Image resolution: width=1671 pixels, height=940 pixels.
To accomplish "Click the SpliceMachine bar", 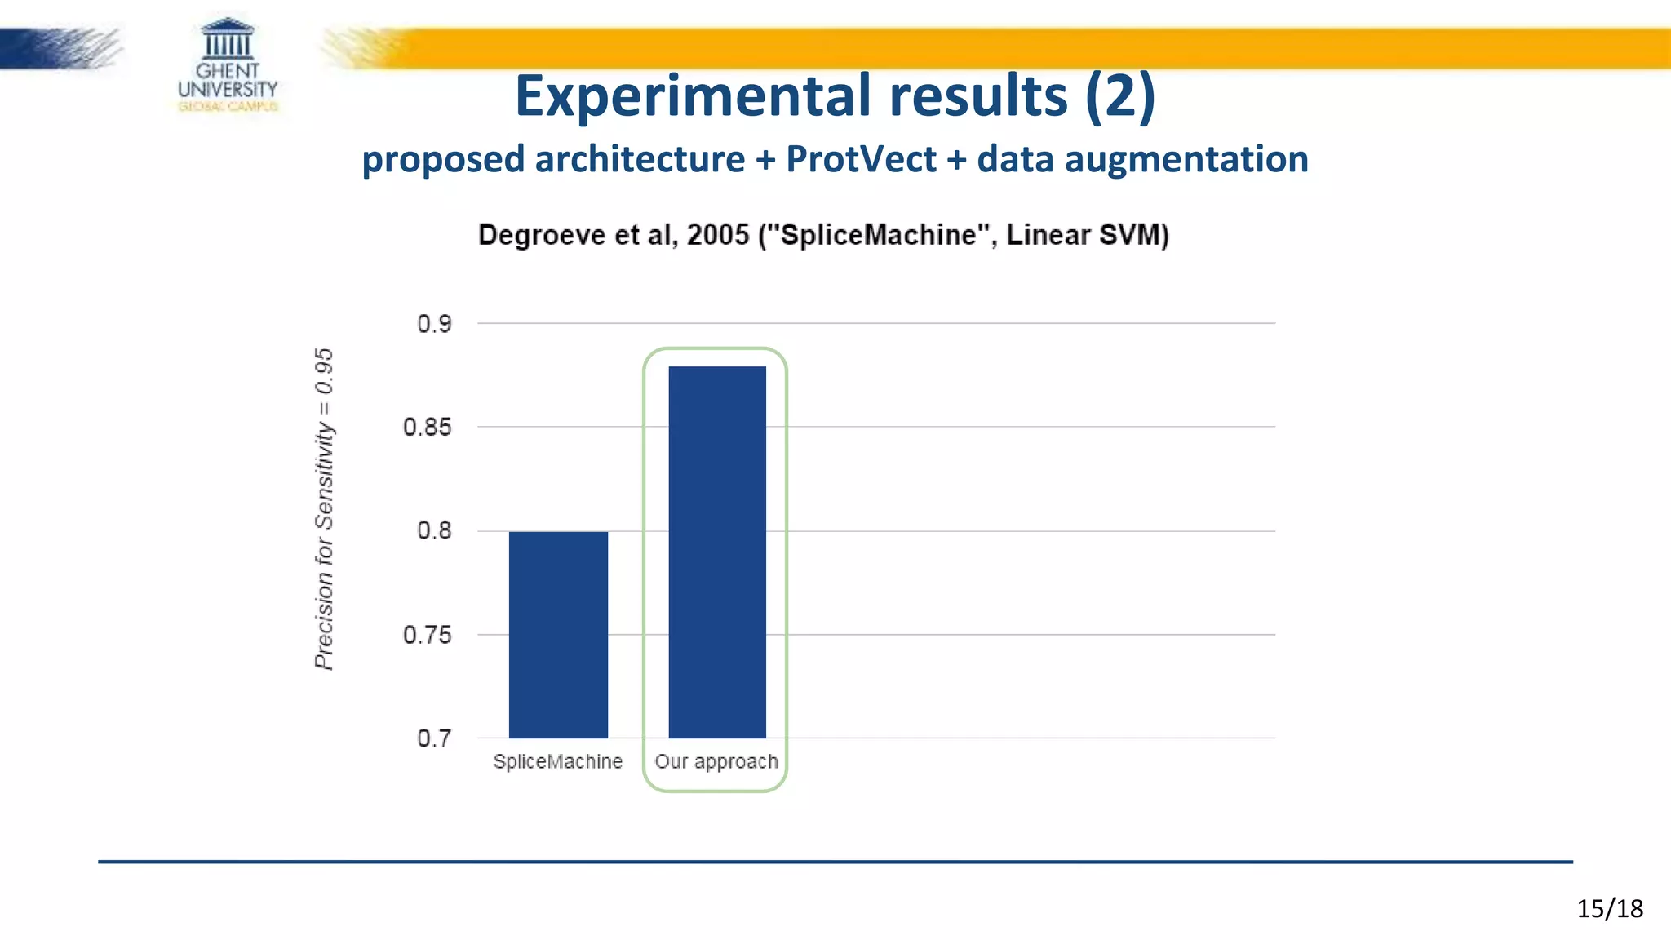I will point(558,634).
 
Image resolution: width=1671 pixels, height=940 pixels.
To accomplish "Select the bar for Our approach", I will point(717,552).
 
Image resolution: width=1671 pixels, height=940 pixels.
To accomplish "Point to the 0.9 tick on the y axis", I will point(434,324).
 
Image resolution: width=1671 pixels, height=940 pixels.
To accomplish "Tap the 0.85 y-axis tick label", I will point(427,427).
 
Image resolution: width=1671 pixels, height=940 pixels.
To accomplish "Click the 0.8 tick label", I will point(434,530).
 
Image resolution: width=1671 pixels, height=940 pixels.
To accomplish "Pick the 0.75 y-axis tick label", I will point(427,635).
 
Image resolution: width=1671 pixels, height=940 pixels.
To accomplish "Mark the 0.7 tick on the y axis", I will point(434,738).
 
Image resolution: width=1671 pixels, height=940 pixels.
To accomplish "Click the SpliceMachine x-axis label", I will point(558,761).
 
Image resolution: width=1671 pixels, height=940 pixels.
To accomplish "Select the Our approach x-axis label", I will point(716,761).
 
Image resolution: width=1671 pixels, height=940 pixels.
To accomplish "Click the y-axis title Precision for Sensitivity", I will point(324,509).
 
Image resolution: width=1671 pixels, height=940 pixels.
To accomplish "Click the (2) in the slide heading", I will point(1119,96).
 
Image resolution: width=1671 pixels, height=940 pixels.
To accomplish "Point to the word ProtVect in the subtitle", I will point(861,159).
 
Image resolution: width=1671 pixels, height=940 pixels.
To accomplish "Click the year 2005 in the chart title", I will point(717,235).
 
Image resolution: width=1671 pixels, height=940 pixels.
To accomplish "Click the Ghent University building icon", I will point(228,38).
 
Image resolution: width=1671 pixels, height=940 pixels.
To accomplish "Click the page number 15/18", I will point(1609,908).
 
